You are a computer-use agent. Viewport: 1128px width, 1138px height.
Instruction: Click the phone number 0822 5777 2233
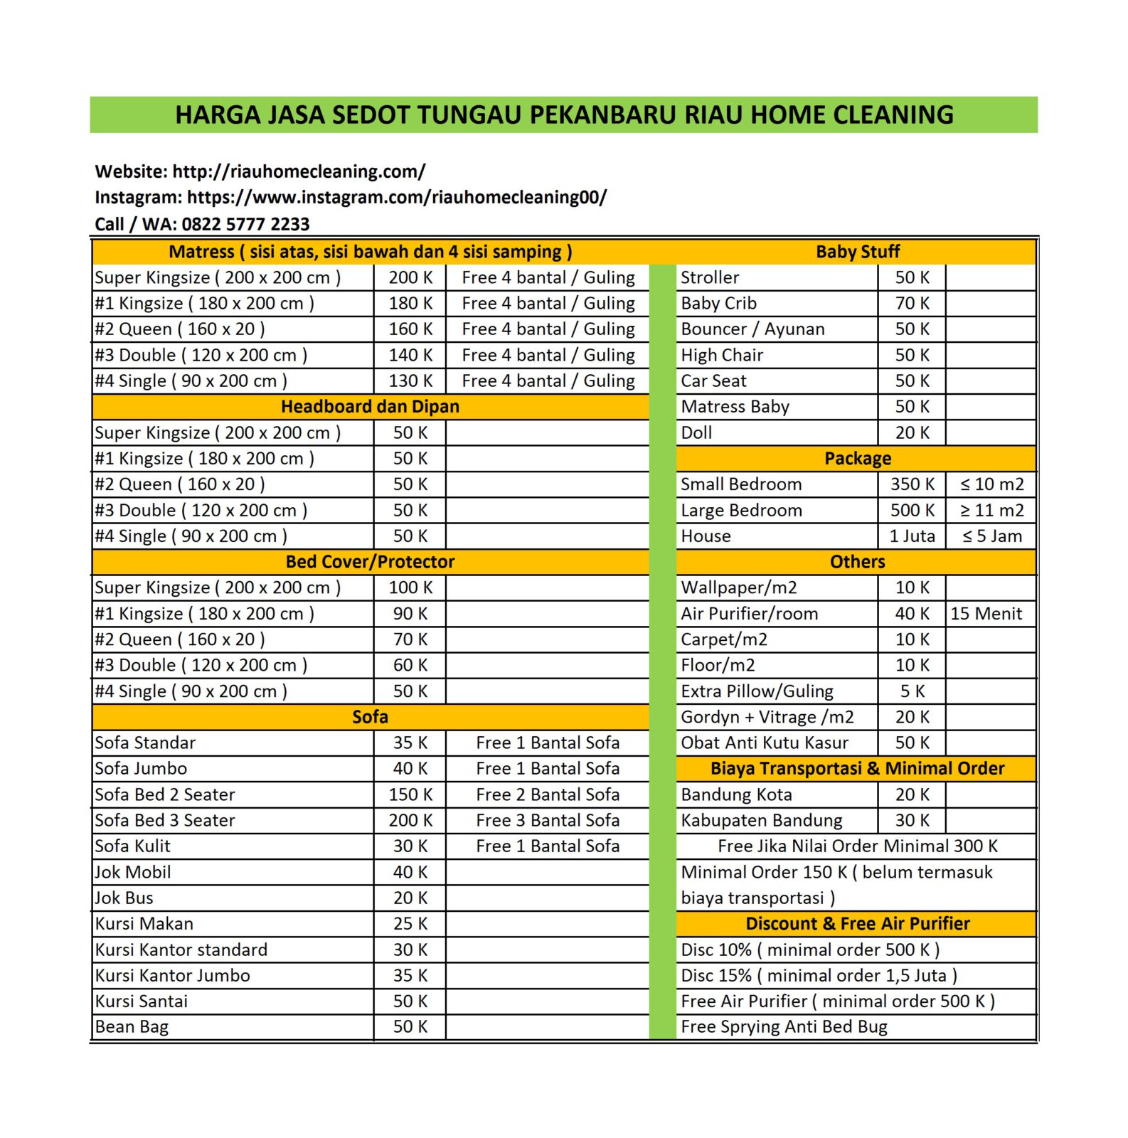pyautogui.click(x=245, y=224)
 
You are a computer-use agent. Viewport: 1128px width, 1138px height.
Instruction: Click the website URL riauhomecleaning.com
pyautogui.click(x=299, y=171)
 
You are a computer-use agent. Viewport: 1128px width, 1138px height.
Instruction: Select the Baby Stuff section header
pyautogui.click(x=857, y=252)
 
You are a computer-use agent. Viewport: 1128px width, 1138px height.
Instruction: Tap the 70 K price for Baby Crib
pyautogui.click(x=912, y=303)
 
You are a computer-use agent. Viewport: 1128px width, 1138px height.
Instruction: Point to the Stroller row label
pyautogui.click(x=710, y=277)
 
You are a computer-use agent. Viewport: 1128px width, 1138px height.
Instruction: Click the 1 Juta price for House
pyautogui.click(x=912, y=536)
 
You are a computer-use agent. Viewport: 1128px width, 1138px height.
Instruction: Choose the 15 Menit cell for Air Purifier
pyautogui.click(x=986, y=613)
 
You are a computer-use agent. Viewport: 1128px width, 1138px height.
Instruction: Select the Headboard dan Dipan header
pyautogui.click(x=370, y=406)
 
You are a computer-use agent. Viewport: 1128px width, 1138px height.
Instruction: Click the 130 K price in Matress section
pyautogui.click(x=410, y=381)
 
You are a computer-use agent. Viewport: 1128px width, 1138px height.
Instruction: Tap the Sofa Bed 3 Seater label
pyautogui.click(x=165, y=820)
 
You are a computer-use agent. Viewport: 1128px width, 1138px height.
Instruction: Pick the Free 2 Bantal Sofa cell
pyautogui.click(x=548, y=794)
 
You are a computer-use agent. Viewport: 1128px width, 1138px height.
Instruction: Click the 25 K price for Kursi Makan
pyautogui.click(x=410, y=923)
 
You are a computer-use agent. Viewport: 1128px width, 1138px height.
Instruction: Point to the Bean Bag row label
pyautogui.click(x=132, y=1026)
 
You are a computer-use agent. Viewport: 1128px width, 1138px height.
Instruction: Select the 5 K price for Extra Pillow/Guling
pyautogui.click(x=912, y=691)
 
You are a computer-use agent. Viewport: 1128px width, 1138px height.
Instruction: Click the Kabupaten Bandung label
pyautogui.click(x=761, y=820)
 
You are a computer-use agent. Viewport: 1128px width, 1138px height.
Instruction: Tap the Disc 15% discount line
pyautogui.click(x=819, y=975)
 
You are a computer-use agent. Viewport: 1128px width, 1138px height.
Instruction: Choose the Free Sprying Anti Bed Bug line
pyautogui.click(x=784, y=1026)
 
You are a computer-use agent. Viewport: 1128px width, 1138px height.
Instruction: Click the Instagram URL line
pyautogui.click(x=351, y=197)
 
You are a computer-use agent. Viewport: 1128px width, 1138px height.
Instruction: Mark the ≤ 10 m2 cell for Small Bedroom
pyautogui.click(x=991, y=484)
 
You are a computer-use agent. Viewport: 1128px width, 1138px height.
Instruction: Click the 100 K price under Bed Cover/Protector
pyautogui.click(x=410, y=587)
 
